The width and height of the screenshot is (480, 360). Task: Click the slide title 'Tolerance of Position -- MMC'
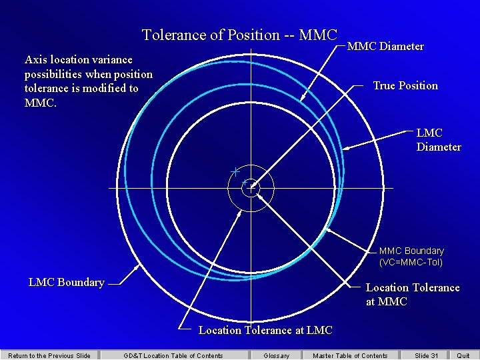click(240, 35)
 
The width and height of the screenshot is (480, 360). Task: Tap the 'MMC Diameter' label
click(385, 47)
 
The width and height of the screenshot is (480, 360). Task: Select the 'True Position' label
click(405, 85)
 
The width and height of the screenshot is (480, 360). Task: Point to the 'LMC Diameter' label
click(439, 140)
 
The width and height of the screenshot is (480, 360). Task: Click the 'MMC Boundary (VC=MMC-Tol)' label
click(411, 257)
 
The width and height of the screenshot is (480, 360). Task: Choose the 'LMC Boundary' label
click(67, 282)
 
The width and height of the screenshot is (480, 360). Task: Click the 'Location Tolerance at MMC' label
click(413, 295)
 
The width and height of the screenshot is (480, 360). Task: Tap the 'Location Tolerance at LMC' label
click(265, 330)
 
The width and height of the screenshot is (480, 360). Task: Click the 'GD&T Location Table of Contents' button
click(173, 355)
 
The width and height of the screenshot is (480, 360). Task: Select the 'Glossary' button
click(277, 355)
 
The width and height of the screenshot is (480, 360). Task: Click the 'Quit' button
click(463, 355)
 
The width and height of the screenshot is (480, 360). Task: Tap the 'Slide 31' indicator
click(427, 355)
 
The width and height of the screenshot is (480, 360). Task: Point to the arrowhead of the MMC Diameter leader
click(302, 100)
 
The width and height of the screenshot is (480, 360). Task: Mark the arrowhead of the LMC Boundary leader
click(139, 265)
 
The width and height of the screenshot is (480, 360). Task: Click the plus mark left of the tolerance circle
click(235, 171)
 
